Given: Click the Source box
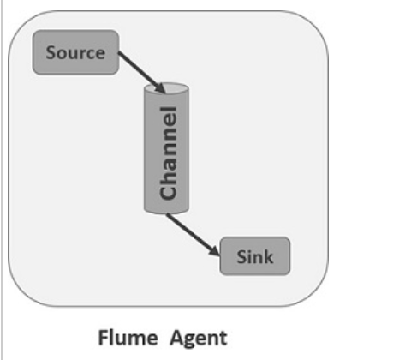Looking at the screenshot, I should point(75,53).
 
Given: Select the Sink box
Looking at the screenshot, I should point(255,256).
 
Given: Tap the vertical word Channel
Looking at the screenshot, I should point(168,153).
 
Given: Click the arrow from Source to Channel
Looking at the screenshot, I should point(140,71).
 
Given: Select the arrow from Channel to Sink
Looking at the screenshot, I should point(193,233).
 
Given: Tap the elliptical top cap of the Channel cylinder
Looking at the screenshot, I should point(167,89).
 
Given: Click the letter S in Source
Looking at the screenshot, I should point(51,53).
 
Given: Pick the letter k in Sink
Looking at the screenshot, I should point(270,256).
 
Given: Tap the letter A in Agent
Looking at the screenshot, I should point(176,337).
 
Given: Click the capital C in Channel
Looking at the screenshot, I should point(168,191).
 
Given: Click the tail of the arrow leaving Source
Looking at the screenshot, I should point(120,54).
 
